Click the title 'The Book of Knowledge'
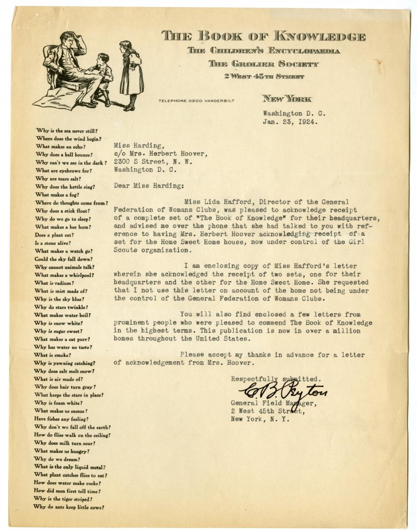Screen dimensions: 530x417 tap(263, 36)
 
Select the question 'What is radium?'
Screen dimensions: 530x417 tap(54, 283)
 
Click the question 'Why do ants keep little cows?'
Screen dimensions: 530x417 tap(69, 507)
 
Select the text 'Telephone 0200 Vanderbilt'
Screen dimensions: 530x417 tap(196, 101)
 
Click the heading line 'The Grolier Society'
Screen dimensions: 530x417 tap(263, 64)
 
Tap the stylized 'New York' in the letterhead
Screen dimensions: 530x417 tap(287, 98)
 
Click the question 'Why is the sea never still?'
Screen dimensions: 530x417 tap(67, 131)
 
